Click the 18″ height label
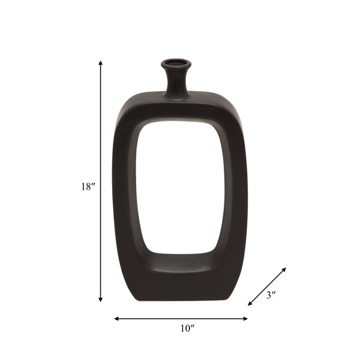tap(88, 187)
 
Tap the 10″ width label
tap(187, 329)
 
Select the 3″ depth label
tap(271, 295)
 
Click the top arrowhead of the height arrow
tap(100, 62)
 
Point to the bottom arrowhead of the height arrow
tap(100, 299)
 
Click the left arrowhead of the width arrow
tap(116, 319)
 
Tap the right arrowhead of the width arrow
tap(245, 319)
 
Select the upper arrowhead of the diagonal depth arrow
tap(284, 269)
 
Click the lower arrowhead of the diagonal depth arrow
tap(250, 304)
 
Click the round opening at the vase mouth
tap(176, 62)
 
